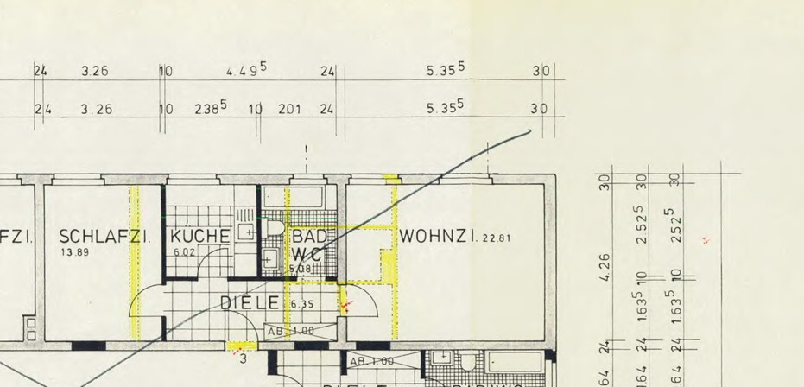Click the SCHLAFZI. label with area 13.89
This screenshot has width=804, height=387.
104,236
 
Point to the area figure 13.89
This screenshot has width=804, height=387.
74,252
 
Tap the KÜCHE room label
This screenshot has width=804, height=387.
200,236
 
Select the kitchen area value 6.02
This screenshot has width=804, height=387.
185,252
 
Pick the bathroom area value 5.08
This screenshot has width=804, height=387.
299,270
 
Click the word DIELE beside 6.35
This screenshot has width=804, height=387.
250,303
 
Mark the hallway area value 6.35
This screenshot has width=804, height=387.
301,304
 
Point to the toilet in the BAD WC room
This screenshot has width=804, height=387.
276,228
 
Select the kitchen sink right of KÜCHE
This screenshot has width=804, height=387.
245,230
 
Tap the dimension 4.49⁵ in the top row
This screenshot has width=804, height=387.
246,71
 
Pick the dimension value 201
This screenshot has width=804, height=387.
289,109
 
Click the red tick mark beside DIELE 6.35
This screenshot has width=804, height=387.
346,305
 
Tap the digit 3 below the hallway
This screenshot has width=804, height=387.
244,358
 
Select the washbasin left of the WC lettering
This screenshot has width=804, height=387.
269,257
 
